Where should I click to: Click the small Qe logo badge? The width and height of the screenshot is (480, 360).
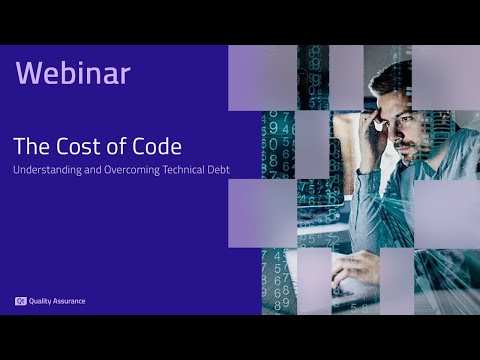point(20,301)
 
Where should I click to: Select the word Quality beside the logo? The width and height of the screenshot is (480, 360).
point(41,301)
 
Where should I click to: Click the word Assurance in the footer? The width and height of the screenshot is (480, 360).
point(69,301)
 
